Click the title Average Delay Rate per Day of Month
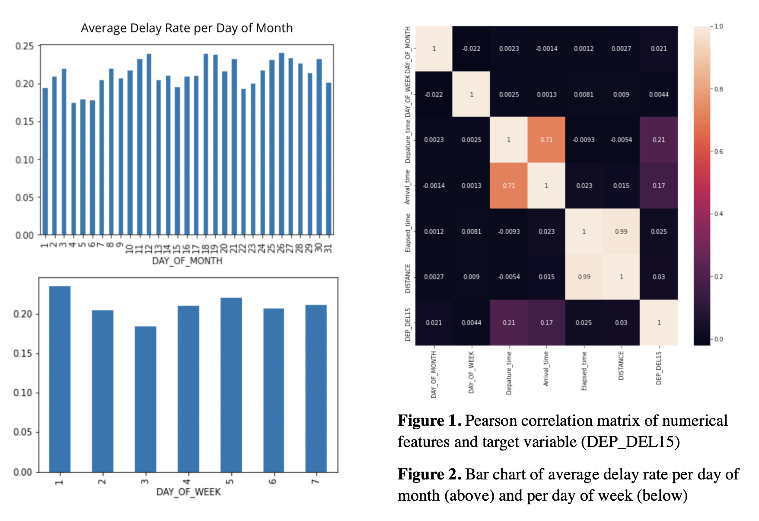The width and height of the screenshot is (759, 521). [x=187, y=28]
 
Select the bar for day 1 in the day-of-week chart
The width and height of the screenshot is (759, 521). [x=60, y=379]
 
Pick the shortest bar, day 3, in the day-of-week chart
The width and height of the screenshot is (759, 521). [x=145, y=399]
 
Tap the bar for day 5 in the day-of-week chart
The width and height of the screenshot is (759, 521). [x=231, y=385]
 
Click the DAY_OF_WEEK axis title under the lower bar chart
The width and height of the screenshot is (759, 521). [x=188, y=492]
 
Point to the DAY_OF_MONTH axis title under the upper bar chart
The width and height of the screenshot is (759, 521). [x=187, y=261]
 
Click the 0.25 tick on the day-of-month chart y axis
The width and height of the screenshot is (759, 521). [x=24, y=46]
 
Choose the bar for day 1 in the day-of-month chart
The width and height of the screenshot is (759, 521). [x=45, y=161]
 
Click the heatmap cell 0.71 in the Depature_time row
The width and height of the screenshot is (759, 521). [x=546, y=140]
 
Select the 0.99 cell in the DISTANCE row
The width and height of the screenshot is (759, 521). [x=584, y=277]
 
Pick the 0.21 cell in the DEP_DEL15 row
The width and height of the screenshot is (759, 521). [x=509, y=323]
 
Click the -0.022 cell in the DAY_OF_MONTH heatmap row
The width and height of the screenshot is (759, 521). [x=471, y=49]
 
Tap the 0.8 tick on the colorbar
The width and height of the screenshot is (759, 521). [x=718, y=89]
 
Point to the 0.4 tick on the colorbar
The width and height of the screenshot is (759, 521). [x=718, y=214]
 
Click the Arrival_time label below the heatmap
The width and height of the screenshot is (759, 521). [x=546, y=369]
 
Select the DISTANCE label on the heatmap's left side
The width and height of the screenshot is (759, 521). [x=408, y=278]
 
